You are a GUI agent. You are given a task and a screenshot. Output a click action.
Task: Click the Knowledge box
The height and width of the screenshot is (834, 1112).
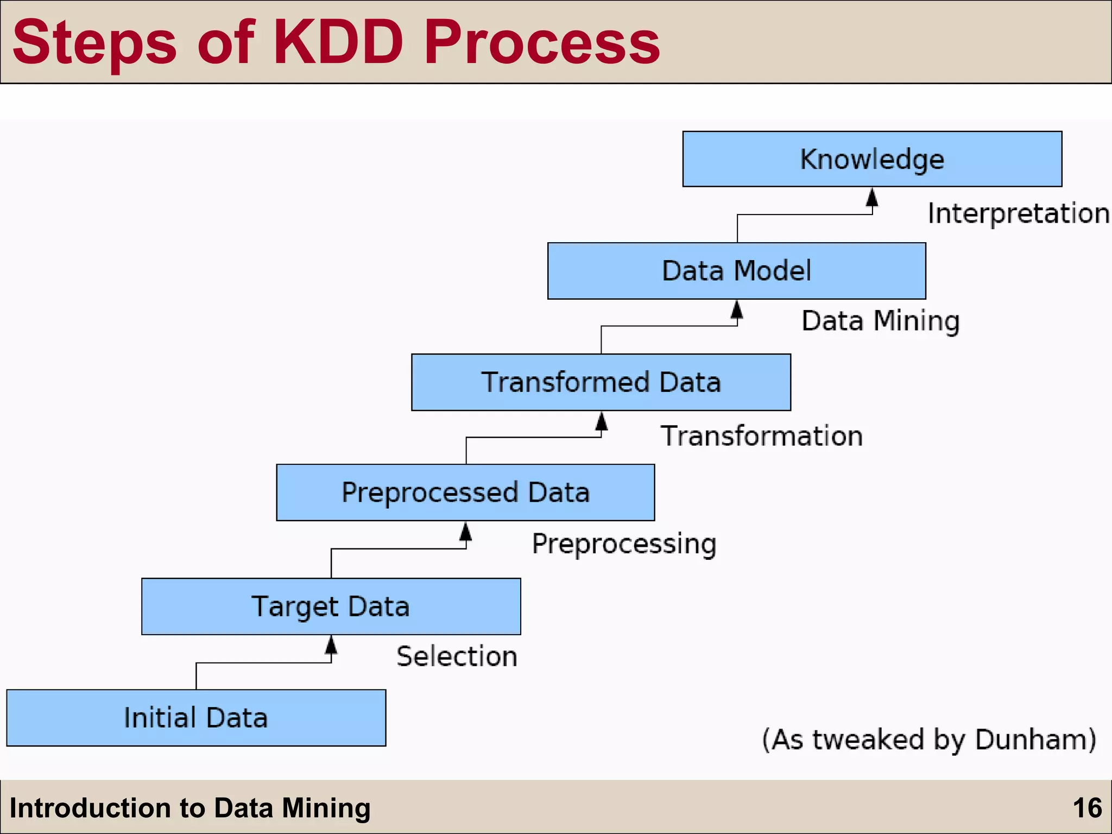872,159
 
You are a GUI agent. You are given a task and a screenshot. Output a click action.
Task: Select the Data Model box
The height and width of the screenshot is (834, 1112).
736,270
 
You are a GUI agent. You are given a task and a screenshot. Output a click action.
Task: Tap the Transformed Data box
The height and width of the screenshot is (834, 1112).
601,382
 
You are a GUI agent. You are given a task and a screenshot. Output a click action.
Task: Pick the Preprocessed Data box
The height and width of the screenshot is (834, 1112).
465,492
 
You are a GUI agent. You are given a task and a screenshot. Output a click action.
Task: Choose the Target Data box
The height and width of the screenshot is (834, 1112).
331,606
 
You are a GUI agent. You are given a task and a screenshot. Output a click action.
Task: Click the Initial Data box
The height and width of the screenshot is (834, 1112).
196,718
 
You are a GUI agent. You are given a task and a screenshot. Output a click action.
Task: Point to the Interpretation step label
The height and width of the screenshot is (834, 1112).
1018,213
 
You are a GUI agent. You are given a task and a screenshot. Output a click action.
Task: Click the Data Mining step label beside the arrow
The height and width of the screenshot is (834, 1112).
880,320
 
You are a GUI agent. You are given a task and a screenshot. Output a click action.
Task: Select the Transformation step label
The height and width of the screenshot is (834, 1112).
761,436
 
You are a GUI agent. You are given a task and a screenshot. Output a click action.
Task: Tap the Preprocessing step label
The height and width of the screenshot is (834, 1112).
624,544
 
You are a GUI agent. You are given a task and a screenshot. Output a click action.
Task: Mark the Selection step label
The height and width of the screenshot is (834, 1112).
457,656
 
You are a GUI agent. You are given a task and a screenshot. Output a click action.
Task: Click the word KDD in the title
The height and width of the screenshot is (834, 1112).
339,42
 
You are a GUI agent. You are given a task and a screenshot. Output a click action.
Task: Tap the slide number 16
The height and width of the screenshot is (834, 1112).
1087,808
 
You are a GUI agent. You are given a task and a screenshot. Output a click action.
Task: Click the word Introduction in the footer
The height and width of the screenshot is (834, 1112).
90,808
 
